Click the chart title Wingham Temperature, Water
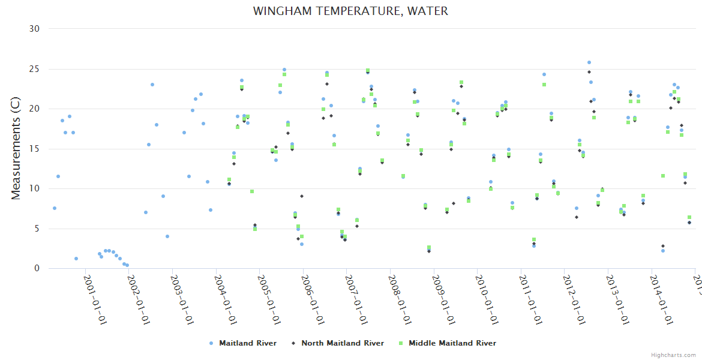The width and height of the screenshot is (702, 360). (x=350, y=11)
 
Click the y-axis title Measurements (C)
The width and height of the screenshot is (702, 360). (x=16, y=149)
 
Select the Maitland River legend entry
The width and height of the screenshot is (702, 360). (x=247, y=343)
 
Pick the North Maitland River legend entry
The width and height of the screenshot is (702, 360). (x=342, y=343)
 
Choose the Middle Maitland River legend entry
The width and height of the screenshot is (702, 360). (x=452, y=343)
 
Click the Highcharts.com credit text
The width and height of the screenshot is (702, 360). (x=673, y=355)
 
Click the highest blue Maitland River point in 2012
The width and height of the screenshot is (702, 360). (x=589, y=62)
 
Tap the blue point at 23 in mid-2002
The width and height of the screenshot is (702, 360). (x=152, y=85)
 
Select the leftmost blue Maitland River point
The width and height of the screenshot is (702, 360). (x=55, y=208)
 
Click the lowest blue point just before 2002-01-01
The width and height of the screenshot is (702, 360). (x=127, y=265)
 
